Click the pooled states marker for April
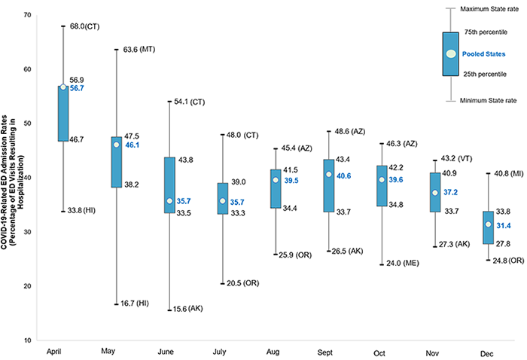point(63,87)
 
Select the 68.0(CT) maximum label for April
point(84,26)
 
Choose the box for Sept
point(329,185)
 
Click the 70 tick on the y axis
point(27,16)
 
